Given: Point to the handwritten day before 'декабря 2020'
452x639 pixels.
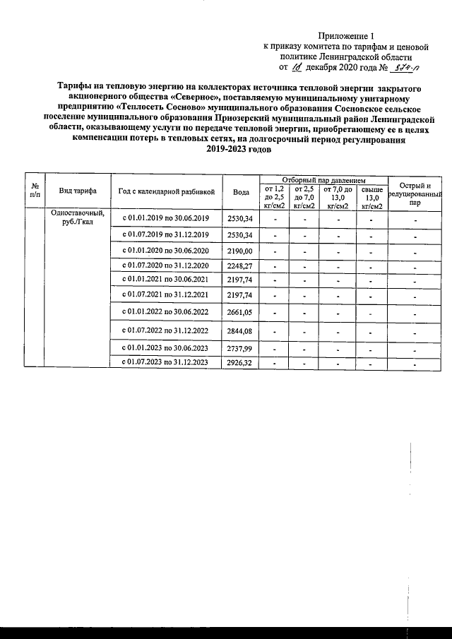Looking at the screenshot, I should pyautogui.click(x=295, y=68).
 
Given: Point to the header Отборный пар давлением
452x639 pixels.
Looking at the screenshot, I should pyautogui.click(x=323, y=180).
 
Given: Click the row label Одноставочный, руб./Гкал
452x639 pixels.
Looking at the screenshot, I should pyautogui.click(x=78, y=218).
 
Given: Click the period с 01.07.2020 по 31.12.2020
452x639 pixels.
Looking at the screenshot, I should pyautogui.click(x=167, y=266).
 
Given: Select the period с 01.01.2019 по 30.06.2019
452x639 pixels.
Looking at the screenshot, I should pyautogui.click(x=167, y=218).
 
